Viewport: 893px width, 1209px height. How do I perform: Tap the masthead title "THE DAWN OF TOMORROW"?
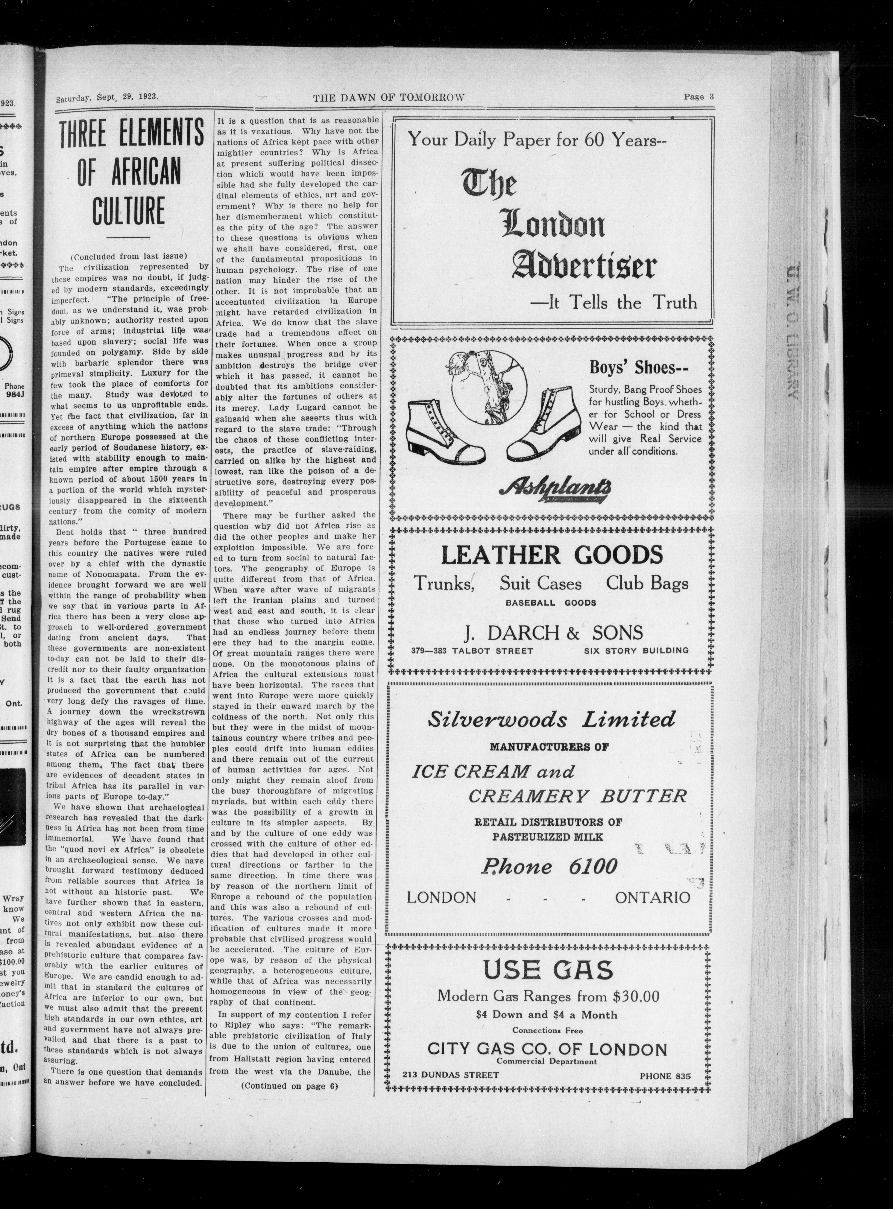(x=389, y=97)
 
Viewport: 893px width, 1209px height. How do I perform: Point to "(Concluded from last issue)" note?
(x=129, y=256)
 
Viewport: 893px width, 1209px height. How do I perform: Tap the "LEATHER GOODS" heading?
(x=551, y=555)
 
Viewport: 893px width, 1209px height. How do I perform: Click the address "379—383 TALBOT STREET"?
(x=472, y=651)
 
